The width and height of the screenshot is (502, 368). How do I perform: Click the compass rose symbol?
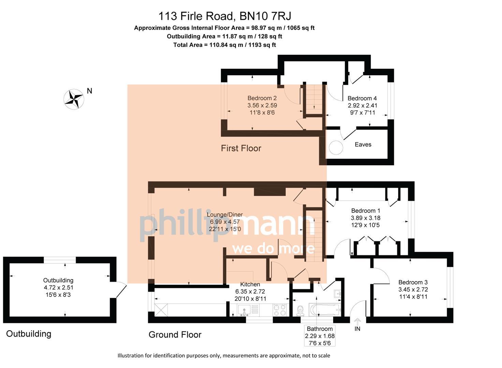click(x=74, y=99)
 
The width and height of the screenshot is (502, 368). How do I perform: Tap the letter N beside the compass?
click(x=89, y=91)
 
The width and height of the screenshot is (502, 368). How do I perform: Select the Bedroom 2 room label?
click(x=262, y=98)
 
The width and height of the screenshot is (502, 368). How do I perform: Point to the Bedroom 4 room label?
click(x=362, y=98)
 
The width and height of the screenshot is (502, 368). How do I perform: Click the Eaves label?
click(x=363, y=144)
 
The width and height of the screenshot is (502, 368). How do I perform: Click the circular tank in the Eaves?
click(x=336, y=148)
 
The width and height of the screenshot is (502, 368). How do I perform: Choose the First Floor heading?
click(x=241, y=148)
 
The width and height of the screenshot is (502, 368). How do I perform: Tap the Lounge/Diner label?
click(x=225, y=215)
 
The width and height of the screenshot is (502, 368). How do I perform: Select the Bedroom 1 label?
click(x=366, y=211)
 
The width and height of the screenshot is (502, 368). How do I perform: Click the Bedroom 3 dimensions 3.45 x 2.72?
click(x=413, y=290)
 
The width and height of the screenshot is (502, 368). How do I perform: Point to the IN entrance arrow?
click(x=357, y=322)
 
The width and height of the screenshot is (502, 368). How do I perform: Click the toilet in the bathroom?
click(x=300, y=310)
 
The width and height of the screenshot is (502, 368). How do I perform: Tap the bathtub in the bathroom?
click(x=324, y=310)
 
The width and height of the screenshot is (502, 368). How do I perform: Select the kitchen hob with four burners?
click(x=280, y=310)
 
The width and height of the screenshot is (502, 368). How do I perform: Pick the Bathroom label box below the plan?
click(x=320, y=336)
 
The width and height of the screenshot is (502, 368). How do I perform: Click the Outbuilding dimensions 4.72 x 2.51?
click(x=58, y=288)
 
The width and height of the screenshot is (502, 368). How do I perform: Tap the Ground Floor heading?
click(x=175, y=335)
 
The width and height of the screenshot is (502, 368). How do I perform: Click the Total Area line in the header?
click(x=224, y=45)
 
